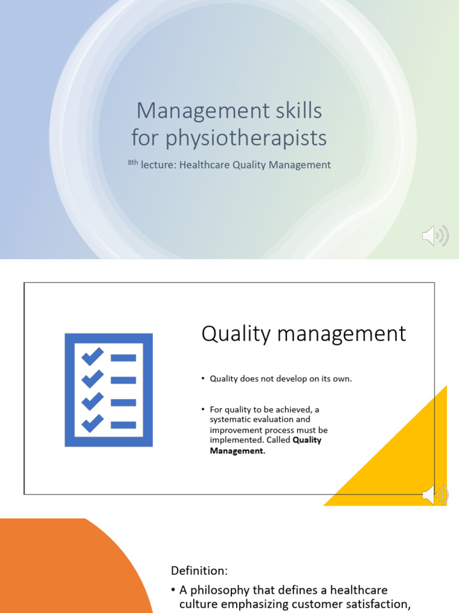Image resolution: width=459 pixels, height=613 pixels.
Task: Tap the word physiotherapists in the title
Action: click(x=246, y=138)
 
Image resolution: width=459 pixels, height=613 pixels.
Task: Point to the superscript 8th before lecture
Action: click(x=133, y=162)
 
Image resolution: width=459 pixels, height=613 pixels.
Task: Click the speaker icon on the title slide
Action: click(x=435, y=236)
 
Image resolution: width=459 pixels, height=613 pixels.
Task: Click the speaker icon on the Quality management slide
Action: click(x=435, y=495)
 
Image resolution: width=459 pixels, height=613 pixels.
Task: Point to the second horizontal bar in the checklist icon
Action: click(x=124, y=380)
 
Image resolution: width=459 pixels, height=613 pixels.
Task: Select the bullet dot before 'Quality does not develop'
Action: click(x=203, y=378)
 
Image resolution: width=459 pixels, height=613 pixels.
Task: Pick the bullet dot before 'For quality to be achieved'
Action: click(x=203, y=409)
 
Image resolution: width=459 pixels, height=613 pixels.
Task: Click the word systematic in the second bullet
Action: click(x=229, y=420)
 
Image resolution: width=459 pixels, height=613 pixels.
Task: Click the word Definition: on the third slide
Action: click(x=200, y=571)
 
